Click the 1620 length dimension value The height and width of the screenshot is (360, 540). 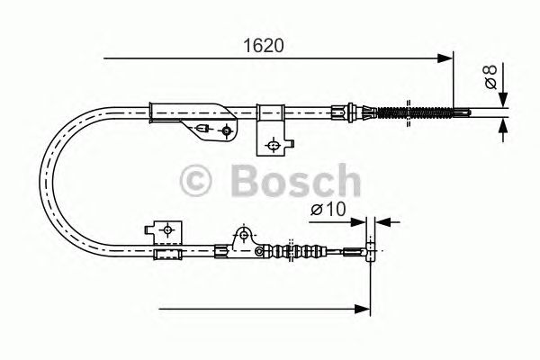point(264,46)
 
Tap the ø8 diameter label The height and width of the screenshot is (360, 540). point(490,76)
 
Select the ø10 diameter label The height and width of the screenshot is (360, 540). point(328,209)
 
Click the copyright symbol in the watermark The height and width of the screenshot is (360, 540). point(195,181)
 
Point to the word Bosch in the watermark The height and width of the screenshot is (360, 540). point(296,181)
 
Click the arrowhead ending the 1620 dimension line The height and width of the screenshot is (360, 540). point(445,58)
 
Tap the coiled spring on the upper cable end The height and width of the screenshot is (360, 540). point(416,112)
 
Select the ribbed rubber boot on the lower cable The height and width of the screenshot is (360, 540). point(295,251)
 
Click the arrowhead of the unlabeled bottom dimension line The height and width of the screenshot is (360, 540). point(363,309)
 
